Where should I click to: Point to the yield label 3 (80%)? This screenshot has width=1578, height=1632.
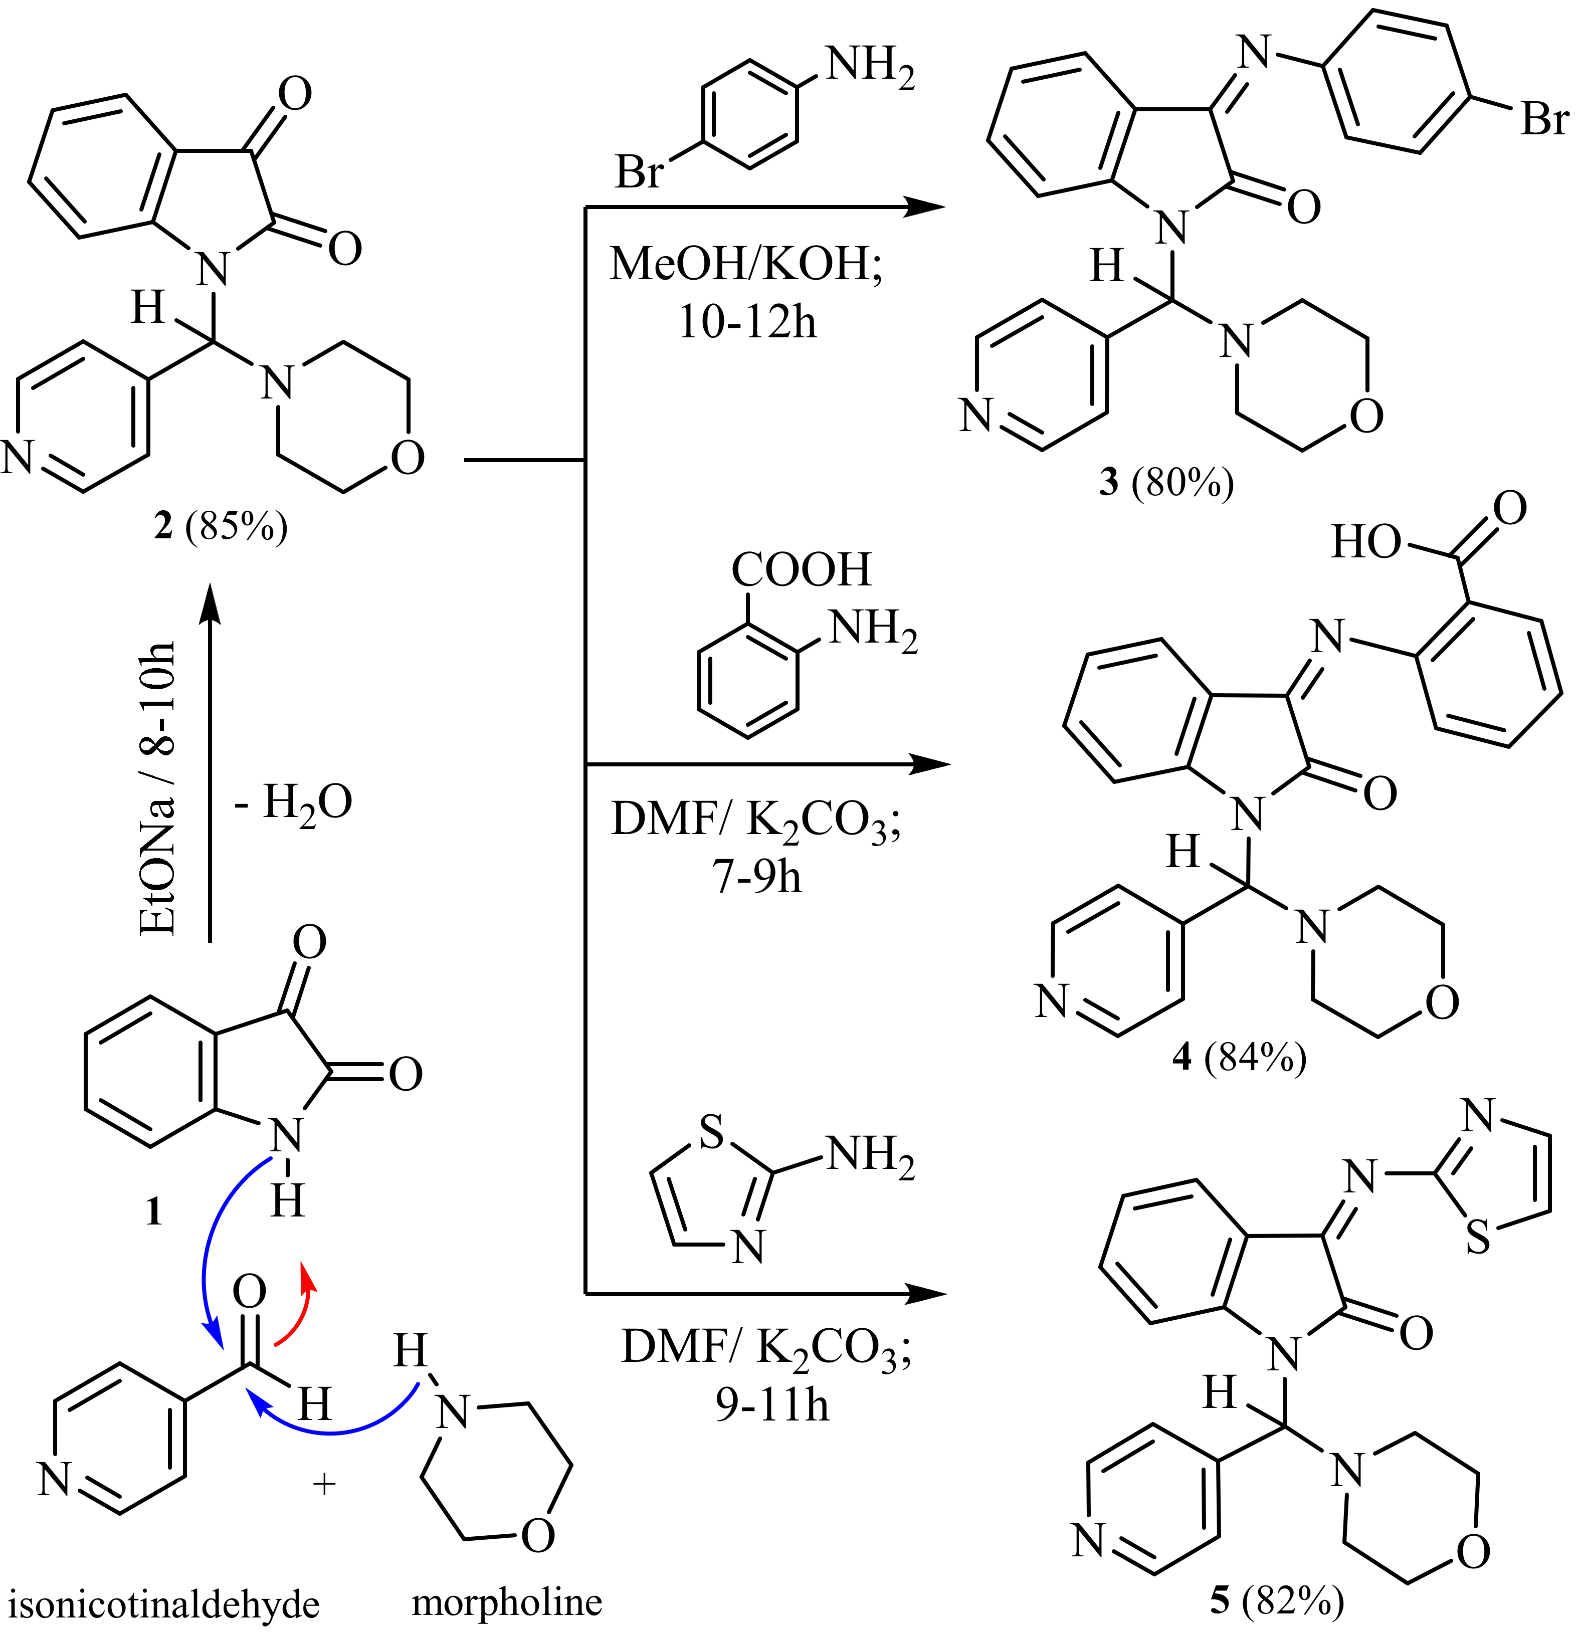1166,481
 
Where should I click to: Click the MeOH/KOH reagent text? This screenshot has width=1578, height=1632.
745,265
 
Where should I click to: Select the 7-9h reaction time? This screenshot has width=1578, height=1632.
756,877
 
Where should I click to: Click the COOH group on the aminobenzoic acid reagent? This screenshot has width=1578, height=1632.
801,569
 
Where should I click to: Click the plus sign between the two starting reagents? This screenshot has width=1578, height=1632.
324,1483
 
